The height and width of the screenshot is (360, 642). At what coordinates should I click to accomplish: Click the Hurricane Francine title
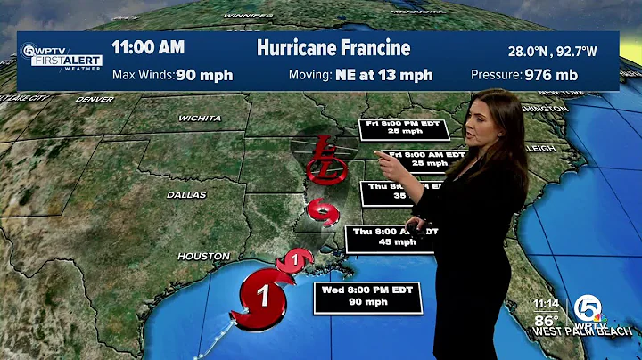[x=333, y=48]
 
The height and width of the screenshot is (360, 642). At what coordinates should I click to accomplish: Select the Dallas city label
[x=185, y=194]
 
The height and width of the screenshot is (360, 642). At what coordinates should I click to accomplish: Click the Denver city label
[x=95, y=99]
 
